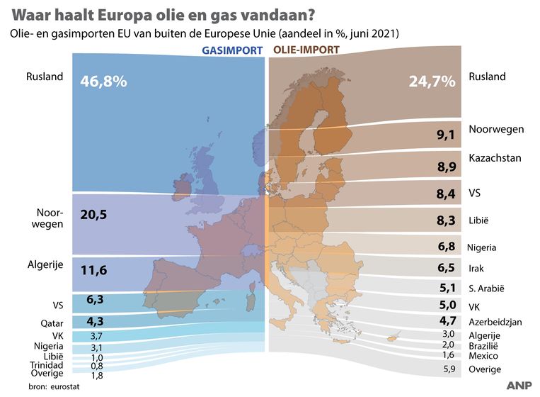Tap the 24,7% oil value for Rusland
(432, 82)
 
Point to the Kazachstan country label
(495, 157)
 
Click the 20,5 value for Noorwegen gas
(93, 215)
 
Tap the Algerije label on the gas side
(45, 264)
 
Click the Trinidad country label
(47, 364)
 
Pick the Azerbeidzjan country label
(495, 322)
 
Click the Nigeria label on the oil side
(481, 247)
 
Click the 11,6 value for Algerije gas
(93, 270)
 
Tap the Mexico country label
(483, 355)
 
